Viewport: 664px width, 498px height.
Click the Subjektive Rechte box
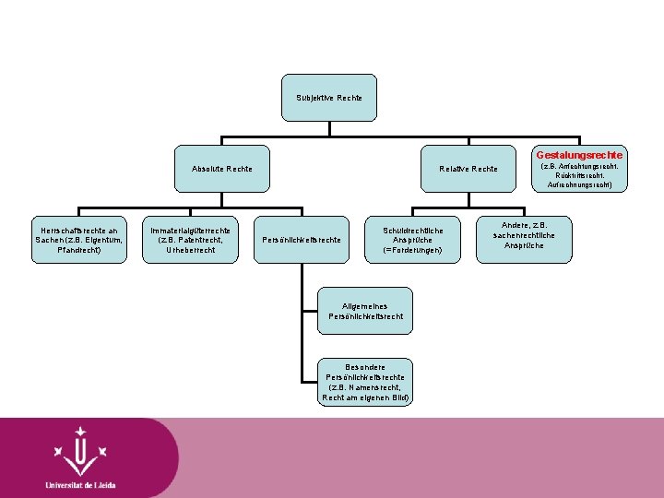[329, 97]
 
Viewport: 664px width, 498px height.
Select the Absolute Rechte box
[222, 169]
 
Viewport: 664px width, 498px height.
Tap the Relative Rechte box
[468, 169]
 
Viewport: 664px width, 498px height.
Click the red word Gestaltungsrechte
[579, 154]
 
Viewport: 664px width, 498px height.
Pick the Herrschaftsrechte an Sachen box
[78, 239]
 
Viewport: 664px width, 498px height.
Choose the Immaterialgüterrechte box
[191, 239]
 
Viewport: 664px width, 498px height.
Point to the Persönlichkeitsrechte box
[302, 240]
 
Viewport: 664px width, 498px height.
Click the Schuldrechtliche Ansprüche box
[412, 239]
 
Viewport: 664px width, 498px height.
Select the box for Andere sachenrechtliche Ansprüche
[524, 235]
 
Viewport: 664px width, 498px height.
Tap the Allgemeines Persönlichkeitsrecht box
[365, 311]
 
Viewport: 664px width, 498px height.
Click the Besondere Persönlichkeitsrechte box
[365, 381]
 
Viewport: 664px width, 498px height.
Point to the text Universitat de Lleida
[81, 485]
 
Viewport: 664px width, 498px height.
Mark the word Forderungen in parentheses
[414, 250]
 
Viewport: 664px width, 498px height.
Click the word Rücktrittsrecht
[579, 175]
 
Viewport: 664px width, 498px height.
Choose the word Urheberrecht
[191, 250]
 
